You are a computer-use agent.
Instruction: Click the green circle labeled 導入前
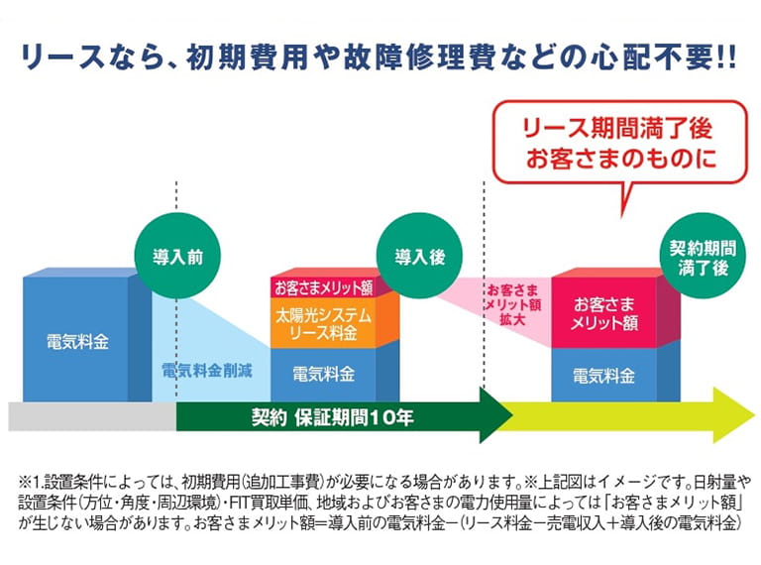[178, 255]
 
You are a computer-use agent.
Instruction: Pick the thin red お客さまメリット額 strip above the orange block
[323, 288]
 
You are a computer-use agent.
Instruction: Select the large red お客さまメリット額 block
[604, 315]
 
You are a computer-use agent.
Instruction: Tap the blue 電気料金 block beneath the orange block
[323, 375]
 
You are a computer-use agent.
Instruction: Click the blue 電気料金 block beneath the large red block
[604, 376]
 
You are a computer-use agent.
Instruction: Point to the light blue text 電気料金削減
[207, 373]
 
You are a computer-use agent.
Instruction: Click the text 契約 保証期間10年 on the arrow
[333, 417]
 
